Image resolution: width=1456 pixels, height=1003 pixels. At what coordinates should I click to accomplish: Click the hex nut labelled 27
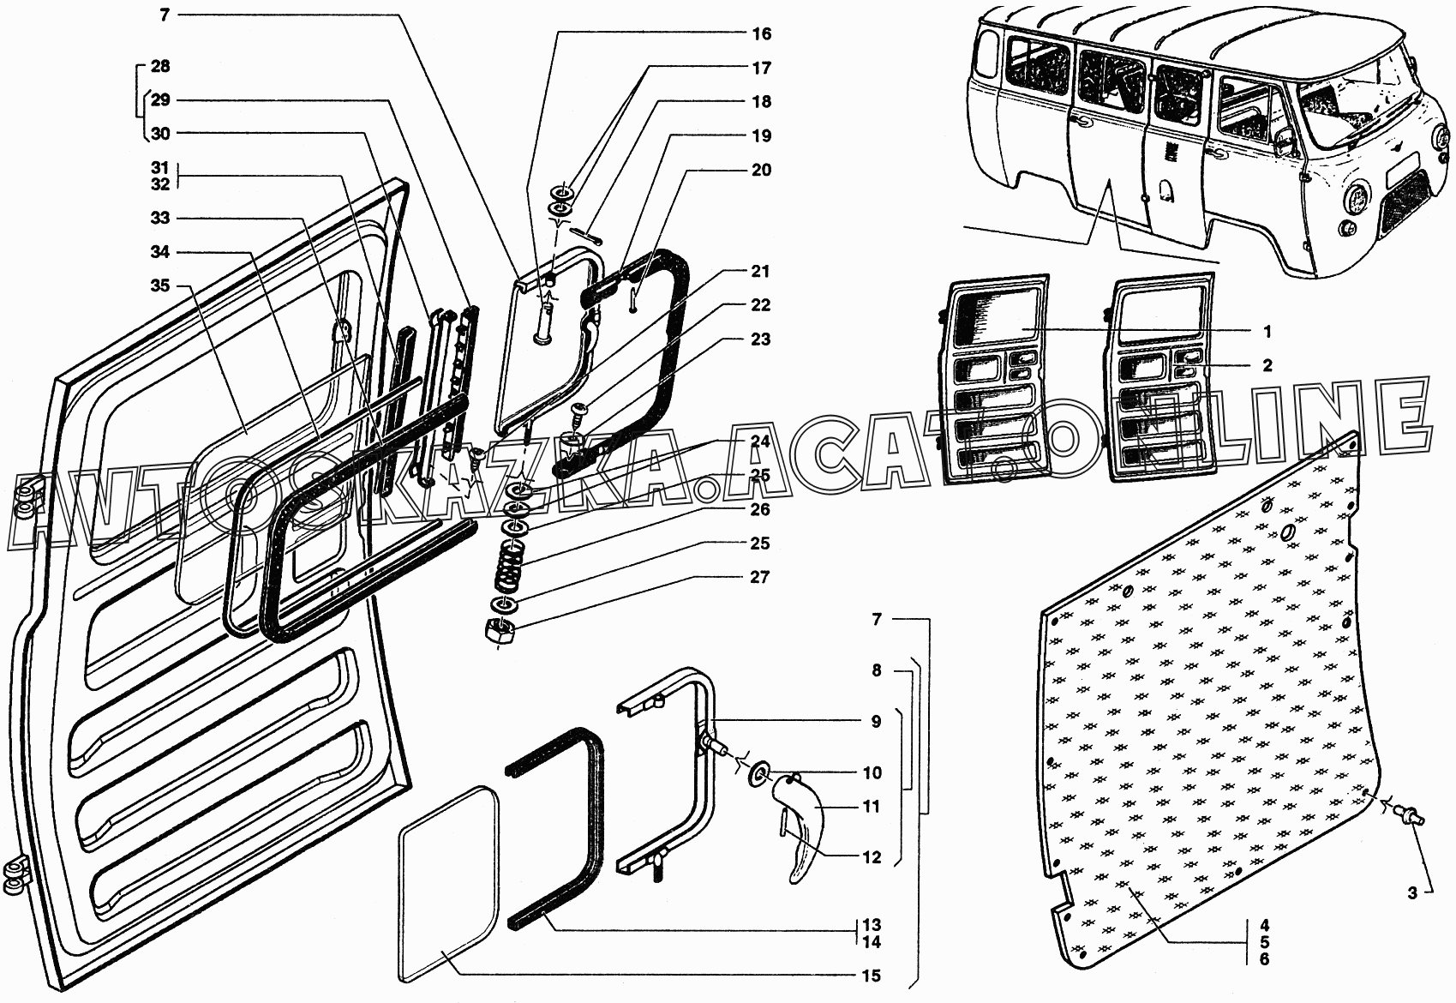click(x=500, y=631)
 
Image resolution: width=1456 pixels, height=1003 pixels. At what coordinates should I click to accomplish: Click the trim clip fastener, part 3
click(x=1410, y=814)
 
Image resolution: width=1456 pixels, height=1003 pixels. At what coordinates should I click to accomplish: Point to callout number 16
click(x=762, y=34)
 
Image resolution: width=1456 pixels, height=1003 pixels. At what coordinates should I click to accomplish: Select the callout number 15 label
click(x=872, y=976)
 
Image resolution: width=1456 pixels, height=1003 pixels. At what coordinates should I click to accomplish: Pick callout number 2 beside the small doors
click(x=1267, y=365)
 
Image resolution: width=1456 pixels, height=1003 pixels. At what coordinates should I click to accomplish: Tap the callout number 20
click(x=762, y=170)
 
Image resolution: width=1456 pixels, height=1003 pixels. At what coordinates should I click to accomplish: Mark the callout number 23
click(x=762, y=339)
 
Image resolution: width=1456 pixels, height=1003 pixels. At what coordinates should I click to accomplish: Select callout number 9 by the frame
click(x=872, y=722)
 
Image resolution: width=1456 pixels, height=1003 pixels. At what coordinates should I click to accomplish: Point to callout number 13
click(x=872, y=926)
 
